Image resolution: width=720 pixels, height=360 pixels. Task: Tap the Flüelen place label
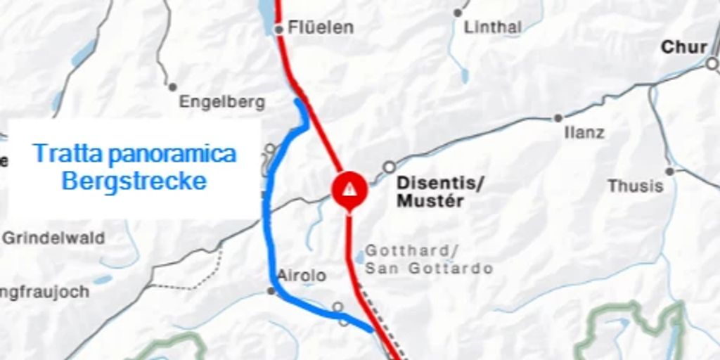click(321, 28)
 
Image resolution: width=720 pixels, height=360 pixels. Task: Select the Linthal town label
click(493, 27)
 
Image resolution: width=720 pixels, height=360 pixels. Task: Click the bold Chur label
click(683, 47)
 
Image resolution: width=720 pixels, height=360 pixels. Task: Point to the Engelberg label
click(222, 102)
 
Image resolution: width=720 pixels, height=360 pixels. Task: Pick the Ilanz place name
click(584, 132)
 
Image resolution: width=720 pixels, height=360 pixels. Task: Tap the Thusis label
click(636, 186)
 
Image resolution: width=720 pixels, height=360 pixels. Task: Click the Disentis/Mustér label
click(440, 192)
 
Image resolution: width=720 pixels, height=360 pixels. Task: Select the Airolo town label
click(302, 276)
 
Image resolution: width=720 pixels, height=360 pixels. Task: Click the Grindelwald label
click(53, 238)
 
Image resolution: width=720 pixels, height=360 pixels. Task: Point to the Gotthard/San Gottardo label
click(428, 259)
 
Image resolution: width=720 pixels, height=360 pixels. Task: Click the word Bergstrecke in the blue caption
click(134, 181)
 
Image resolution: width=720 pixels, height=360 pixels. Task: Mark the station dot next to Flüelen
click(278, 29)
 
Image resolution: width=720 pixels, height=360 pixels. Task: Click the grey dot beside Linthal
click(458, 13)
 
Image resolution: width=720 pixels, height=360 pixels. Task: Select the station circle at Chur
click(712, 64)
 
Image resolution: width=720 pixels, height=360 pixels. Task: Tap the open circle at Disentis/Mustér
click(389, 167)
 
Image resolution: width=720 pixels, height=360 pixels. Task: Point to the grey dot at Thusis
click(669, 171)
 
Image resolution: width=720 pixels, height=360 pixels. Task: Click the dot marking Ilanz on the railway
click(558, 118)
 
